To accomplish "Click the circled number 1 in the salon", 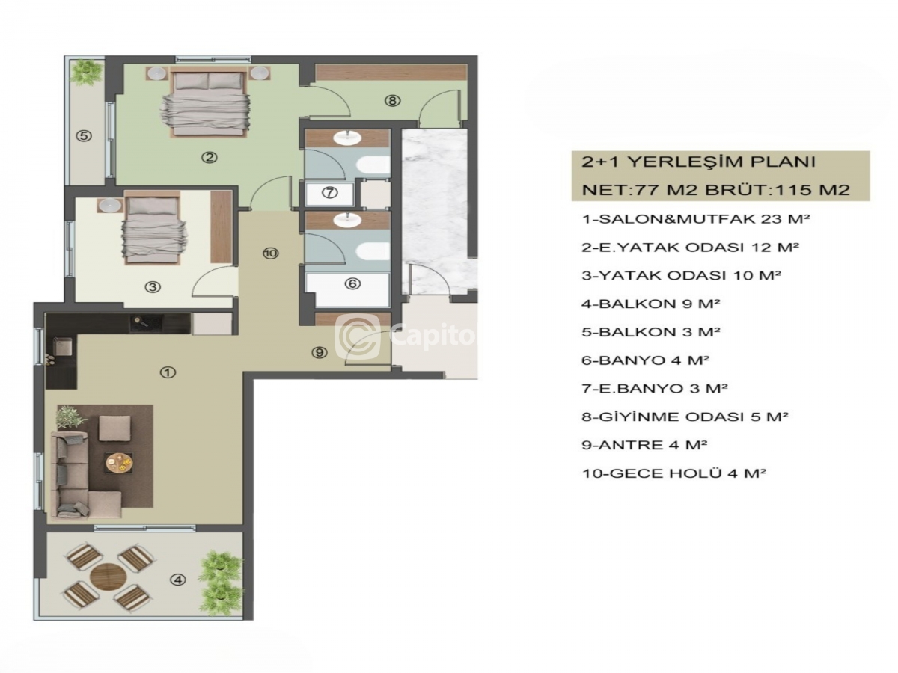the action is [x=168, y=372].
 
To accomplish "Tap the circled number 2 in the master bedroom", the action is [x=209, y=157].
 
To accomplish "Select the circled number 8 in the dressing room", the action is [x=392, y=100].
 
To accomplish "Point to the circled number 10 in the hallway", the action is [x=270, y=253].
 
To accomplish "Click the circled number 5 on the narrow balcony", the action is [x=84, y=135].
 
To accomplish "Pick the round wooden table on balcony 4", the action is [x=108, y=577].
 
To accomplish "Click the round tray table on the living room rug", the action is [x=119, y=463].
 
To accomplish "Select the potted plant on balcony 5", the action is [x=86, y=72].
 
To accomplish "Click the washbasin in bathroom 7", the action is [x=348, y=138].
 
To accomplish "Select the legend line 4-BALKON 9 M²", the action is [x=650, y=304].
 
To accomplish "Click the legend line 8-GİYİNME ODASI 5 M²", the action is [x=685, y=417].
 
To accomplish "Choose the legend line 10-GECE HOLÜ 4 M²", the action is [x=673, y=473].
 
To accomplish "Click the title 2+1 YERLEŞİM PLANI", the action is [x=699, y=162].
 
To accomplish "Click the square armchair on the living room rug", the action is [x=115, y=428].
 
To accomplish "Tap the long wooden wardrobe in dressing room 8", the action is [x=391, y=73].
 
